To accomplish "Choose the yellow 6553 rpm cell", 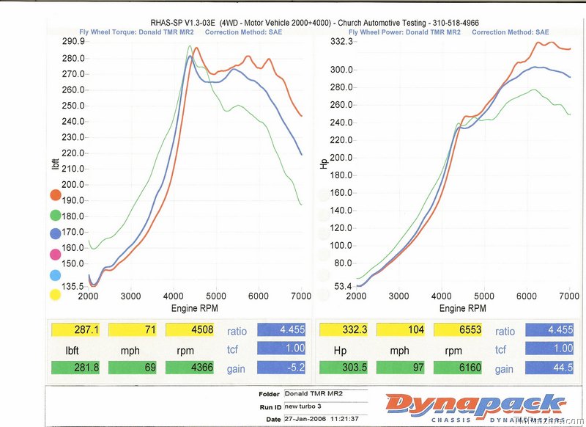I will (x=459, y=330).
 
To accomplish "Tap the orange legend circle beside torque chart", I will (x=55, y=194).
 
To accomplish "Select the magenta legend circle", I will (x=55, y=255).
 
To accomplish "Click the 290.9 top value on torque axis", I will (x=73, y=41).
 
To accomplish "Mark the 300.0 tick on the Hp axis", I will (x=341, y=70).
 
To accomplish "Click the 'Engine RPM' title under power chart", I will (x=462, y=309).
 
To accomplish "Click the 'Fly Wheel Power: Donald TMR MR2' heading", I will (x=404, y=32).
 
